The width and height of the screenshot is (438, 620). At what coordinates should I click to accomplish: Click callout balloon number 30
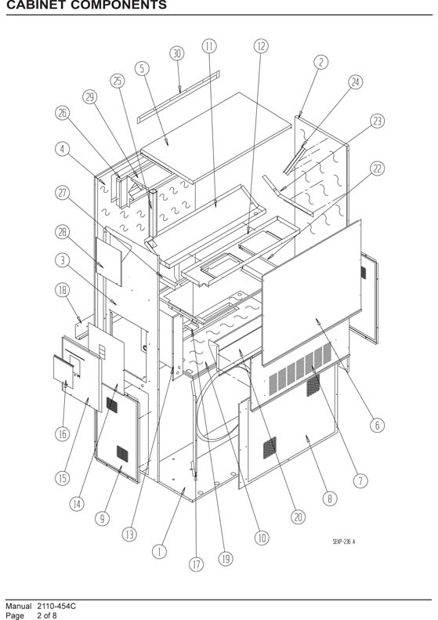(177, 53)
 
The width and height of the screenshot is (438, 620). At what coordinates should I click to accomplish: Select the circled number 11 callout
(209, 46)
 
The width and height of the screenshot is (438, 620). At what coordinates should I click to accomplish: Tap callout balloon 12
(261, 46)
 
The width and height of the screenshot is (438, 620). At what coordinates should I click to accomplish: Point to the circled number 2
(321, 62)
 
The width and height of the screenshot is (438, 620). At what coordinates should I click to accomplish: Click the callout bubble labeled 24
(356, 82)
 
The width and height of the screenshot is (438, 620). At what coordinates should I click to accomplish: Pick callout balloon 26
(62, 113)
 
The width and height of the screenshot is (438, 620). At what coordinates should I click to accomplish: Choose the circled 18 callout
(62, 290)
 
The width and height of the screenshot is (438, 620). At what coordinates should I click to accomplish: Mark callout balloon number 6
(377, 425)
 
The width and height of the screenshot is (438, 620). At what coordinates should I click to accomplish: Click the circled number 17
(197, 564)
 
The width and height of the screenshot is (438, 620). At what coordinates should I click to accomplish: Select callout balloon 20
(298, 517)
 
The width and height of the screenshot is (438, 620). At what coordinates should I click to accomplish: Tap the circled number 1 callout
(159, 552)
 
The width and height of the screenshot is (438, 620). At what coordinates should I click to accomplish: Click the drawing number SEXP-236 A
(343, 542)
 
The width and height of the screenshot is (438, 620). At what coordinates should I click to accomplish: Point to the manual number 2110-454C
(56, 606)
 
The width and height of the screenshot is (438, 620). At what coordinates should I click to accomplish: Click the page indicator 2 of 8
(47, 615)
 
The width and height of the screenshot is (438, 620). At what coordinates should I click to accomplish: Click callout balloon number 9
(103, 518)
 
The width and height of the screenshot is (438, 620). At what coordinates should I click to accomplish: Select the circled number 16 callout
(62, 434)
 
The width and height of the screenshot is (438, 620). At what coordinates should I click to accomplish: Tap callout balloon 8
(330, 499)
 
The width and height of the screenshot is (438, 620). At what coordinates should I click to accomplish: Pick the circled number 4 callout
(62, 149)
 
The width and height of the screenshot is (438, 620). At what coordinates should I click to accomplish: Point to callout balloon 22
(377, 169)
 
